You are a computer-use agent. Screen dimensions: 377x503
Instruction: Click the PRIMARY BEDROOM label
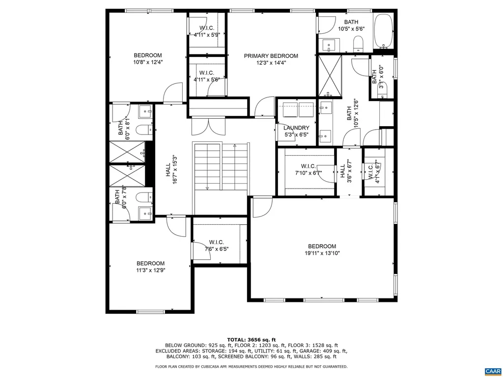point(271,56)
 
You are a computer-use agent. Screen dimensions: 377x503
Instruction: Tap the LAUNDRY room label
point(296,128)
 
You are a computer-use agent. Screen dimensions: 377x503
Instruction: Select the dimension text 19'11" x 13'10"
point(322,253)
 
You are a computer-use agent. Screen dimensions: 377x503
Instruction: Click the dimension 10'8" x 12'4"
point(148,62)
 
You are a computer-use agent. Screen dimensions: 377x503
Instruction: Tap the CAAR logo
point(492,371)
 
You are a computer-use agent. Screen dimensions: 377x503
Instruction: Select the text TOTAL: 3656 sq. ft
point(251,340)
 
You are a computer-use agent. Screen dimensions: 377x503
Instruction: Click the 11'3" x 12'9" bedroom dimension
point(150,269)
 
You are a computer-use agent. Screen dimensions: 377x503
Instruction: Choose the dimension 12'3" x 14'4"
point(271,63)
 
